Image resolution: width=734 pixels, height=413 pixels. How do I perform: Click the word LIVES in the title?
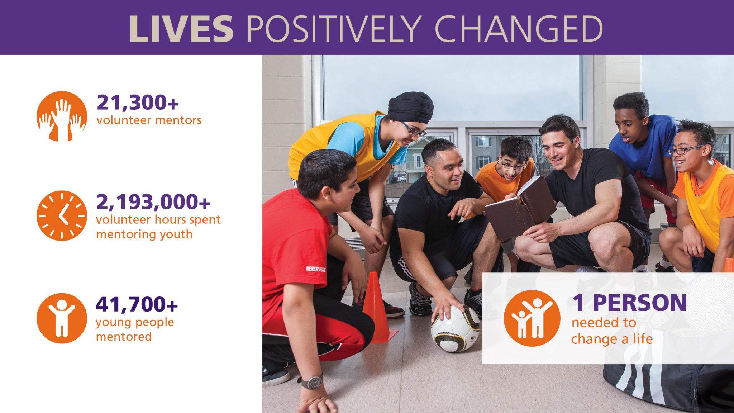click(181, 29)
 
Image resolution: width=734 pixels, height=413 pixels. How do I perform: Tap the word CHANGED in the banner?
click(519, 29)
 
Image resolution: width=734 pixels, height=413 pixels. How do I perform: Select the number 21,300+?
click(138, 103)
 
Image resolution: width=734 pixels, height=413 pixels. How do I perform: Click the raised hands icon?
click(62, 116)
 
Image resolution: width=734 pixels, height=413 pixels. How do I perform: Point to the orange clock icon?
click(62, 215)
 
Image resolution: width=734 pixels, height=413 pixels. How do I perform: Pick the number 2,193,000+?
click(153, 202)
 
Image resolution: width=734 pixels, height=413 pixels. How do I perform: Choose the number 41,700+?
click(137, 304)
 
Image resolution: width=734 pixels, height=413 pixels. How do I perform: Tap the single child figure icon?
click(62, 318)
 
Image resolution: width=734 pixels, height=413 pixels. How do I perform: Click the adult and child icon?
click(532, 318)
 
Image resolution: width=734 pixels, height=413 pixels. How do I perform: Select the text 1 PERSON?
click(629, 303)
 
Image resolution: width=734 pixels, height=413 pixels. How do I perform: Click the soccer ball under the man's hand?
click(455, 328)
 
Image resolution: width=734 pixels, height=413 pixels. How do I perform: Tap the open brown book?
click(520, 208)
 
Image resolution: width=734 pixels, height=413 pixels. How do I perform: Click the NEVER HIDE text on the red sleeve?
click(315, 269)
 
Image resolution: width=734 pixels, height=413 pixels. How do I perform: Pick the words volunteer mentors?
click(149, 120)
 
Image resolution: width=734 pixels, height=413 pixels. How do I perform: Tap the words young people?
click(135, 323)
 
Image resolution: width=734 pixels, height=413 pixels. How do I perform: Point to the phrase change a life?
click(612, 339)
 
